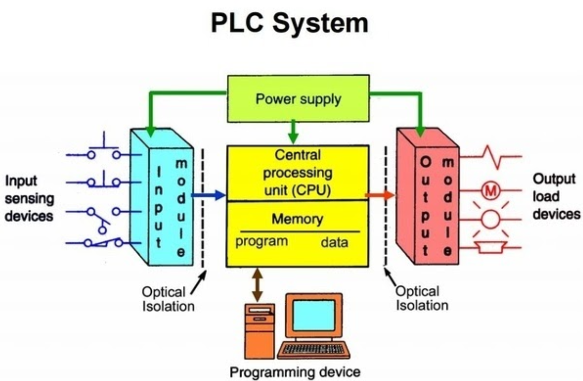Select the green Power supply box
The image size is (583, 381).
point(298,99)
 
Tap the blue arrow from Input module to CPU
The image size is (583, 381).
point(208,195)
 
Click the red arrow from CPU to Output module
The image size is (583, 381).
point(380,195)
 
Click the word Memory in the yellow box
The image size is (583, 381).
point(297,219)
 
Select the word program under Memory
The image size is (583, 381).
point(262,241)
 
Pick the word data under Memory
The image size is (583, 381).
point(334,242)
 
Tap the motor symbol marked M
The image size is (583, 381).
point(491,191)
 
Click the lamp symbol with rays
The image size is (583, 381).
point(491,219)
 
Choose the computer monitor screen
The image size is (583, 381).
point(314,316)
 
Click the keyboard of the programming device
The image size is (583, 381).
point(313,350)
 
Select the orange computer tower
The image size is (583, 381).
point(259,331)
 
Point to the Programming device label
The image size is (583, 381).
point(295,372)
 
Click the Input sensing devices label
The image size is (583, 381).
point(29,198)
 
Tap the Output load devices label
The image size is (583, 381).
point(556,196)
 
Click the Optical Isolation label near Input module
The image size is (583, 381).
point(168,299)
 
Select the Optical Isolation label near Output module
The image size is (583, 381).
point(422,298)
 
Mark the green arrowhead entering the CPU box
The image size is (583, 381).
point(293,139)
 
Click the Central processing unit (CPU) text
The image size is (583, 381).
point(297,173)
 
